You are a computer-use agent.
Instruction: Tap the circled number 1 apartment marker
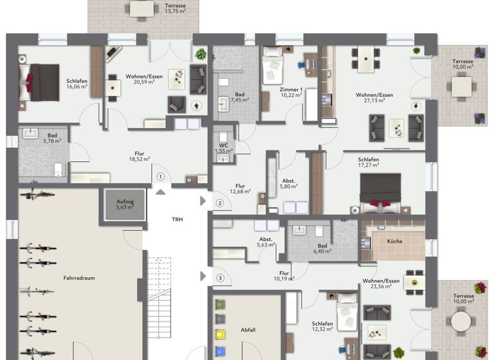(161, 176)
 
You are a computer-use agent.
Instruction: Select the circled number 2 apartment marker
(219, 204)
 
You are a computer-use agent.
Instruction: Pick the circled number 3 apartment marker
(219, 278)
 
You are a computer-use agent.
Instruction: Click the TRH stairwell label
(177, 219)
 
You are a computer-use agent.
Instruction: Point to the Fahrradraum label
(79, 278)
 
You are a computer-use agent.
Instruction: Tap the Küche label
(394, 240)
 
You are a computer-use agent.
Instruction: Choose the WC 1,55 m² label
(224, 147)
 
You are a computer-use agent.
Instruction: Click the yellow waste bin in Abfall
(221, 333)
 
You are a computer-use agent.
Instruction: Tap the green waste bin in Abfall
(221, 305)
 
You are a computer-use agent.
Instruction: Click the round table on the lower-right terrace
(461, 319)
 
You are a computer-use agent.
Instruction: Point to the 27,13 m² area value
(374, 100)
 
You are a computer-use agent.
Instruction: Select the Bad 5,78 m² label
(52, 138)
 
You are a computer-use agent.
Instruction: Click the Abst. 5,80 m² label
(288, 184)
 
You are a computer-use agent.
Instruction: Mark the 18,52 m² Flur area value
(139, 158)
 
